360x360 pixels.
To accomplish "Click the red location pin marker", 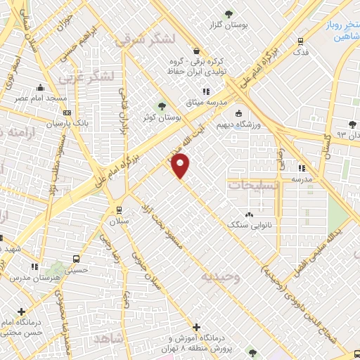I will tap(181, 167).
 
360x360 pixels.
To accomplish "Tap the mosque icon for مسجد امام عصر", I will tap(41, 88).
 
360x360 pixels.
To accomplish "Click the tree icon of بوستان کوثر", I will tap(163, 106).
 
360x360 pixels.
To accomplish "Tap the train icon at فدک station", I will tap(301, 40).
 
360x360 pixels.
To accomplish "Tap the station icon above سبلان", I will tap(117, 210).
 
